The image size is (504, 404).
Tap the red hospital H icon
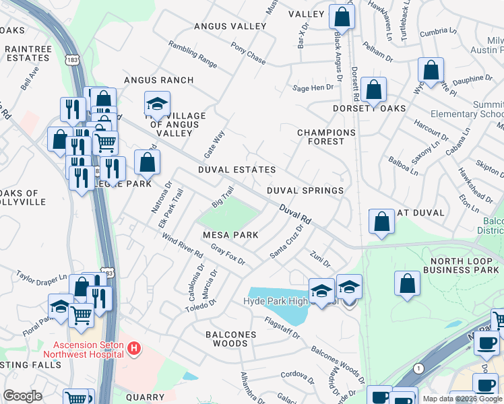click(134, 348)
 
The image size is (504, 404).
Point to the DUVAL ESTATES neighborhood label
click(237, 170)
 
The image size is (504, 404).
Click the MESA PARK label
click(231, 235)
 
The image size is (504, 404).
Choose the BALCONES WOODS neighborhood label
click(230, 339)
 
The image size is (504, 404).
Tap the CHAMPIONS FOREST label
click(326, 137)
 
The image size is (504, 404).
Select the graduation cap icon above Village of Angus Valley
click(156, 104)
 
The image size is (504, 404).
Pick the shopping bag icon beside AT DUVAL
click(381, 222)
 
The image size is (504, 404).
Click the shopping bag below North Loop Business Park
click(407, 283)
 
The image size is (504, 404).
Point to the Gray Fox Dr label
click(228, 255)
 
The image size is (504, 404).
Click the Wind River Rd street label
click(183, 245)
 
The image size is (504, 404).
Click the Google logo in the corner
click(22, 396)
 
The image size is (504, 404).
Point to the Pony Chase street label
click(248, 53)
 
